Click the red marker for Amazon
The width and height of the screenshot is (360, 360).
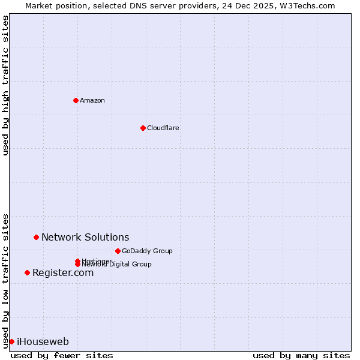(x=76, y=100)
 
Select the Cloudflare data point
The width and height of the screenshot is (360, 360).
(x=143, y=128)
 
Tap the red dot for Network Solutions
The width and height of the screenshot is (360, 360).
(x=36, y=237)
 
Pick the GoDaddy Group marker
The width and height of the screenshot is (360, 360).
(x=118, y=251)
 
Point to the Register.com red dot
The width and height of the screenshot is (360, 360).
(x=27, y=272)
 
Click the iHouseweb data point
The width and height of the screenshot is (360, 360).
(x=11, y=341)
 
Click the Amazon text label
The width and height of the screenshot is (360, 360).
(x=92, y=100)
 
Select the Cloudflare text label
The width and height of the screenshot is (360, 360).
(x=163, y=128)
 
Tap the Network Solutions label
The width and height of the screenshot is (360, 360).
(x=85, y=238)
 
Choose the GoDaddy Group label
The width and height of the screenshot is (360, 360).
(x=147, y=251)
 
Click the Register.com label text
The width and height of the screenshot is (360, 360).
(x=63, y=273)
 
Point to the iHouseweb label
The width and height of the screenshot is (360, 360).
(x=43, y=342)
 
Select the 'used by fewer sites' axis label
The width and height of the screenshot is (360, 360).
(x=62, y=355)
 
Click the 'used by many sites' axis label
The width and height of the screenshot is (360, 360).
(x=301, y=355)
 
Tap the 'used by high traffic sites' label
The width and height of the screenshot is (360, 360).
(x=5, y=85)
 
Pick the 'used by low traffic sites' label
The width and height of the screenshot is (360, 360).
(x=5, y=280)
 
